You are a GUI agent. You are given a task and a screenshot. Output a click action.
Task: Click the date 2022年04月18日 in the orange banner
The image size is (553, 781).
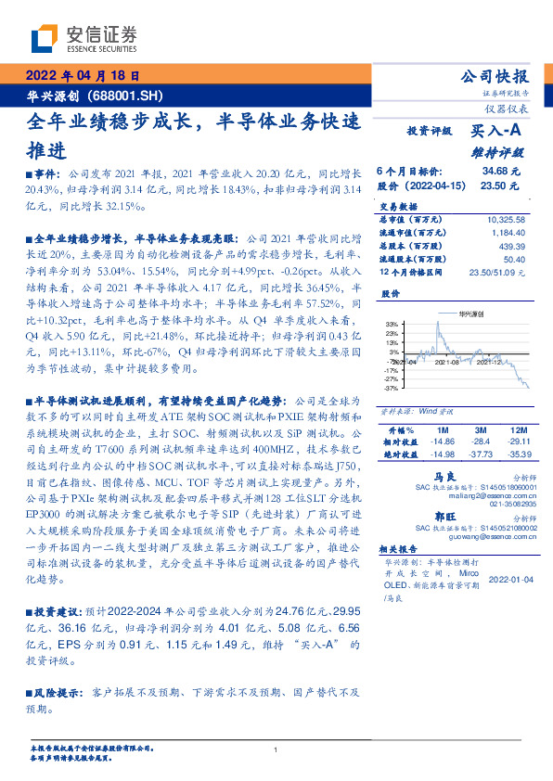click(x=82, y=75)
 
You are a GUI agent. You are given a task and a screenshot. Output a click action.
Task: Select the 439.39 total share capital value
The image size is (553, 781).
click(x=512, y=246)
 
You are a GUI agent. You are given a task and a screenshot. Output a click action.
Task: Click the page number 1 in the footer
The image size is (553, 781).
click(x=276, y=749)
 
